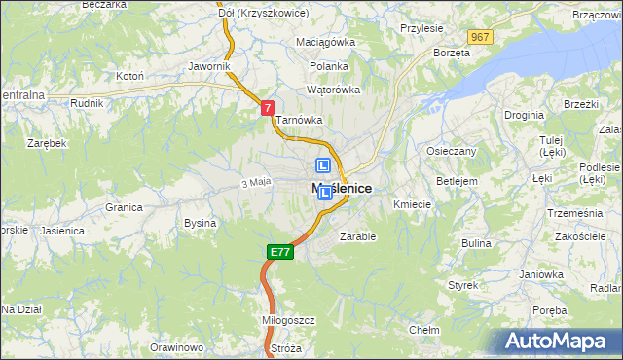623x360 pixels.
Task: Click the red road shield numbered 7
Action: [267, 110]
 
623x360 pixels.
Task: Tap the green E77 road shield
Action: [280, 252]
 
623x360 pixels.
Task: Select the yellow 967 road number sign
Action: [479, 36]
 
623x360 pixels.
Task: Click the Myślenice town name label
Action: [342, 189]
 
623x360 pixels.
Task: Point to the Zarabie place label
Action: [357, 235]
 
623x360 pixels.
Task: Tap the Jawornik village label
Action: [209, 66]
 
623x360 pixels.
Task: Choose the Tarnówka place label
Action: [298, 120]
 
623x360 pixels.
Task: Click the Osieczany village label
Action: [451, 151]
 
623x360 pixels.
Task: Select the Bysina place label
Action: [200, 223]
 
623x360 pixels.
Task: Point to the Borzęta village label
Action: [452, 53]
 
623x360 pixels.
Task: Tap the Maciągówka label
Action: [326, 43]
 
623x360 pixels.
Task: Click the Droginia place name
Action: [524, 114]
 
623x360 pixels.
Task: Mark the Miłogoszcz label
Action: [262, 319]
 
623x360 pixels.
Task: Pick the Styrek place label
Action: [463, 285]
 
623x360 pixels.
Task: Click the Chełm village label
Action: [423, 330]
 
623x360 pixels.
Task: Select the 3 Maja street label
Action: [255, 182]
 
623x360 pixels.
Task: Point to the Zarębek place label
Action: [47, 142]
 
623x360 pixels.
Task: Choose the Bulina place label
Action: [476, 243]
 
